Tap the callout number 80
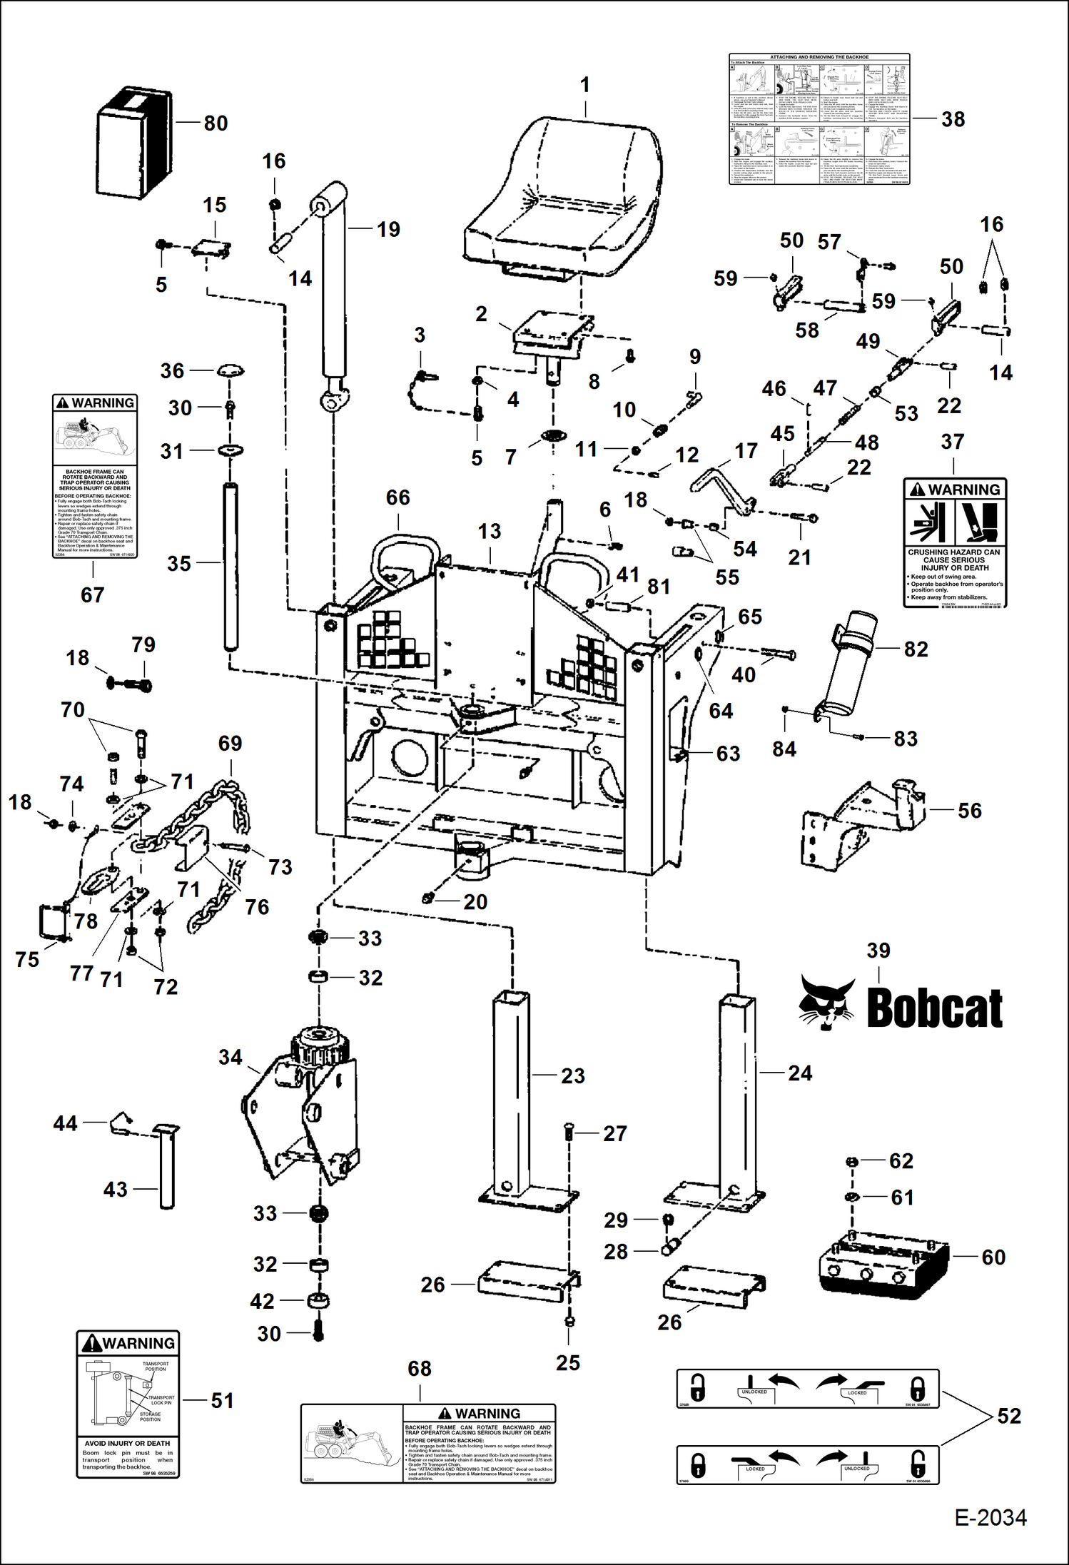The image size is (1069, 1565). tap(216, 123)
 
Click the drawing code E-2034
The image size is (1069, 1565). tap(991, 1517)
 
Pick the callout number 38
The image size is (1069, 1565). tap(953, 119)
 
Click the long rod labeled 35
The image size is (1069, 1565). tap(230, 567)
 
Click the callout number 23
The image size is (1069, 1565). tap(572, 1075)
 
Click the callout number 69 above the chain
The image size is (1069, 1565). tap(230, 743)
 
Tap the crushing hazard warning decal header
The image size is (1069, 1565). tap(955, 490)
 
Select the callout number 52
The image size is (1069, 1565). tap(1009, 1416)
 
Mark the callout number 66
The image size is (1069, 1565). tap(397, 497)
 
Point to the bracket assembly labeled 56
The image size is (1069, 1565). tap(863, 821)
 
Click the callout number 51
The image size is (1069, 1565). tap(222, 1400)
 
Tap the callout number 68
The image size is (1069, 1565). tap(419, 1369)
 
